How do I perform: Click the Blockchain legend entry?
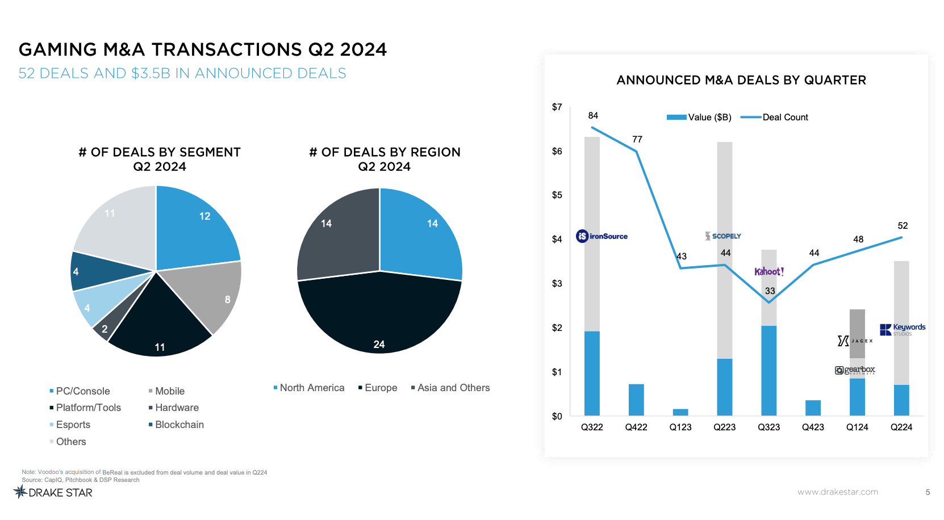click(x=176, y=425)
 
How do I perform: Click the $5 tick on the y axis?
click(x=557, y=195)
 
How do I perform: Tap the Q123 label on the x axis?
click(x=680, y=427)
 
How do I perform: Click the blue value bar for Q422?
click(x=636, y=400)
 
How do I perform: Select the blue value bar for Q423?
click(x=813, y=408)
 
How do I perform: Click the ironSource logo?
click(x=602, y=236)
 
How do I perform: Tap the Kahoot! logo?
click(x=769, y=271)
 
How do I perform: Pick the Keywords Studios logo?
click(x=903, y=329)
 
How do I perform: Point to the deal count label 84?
click(x=593, y=116)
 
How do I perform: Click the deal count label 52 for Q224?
click(x=903, y=225)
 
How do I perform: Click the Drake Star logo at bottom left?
click(x=53, y=492)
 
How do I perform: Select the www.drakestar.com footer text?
click(x=837, y=492)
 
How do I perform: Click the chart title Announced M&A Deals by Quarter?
click(x=741, y=80)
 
